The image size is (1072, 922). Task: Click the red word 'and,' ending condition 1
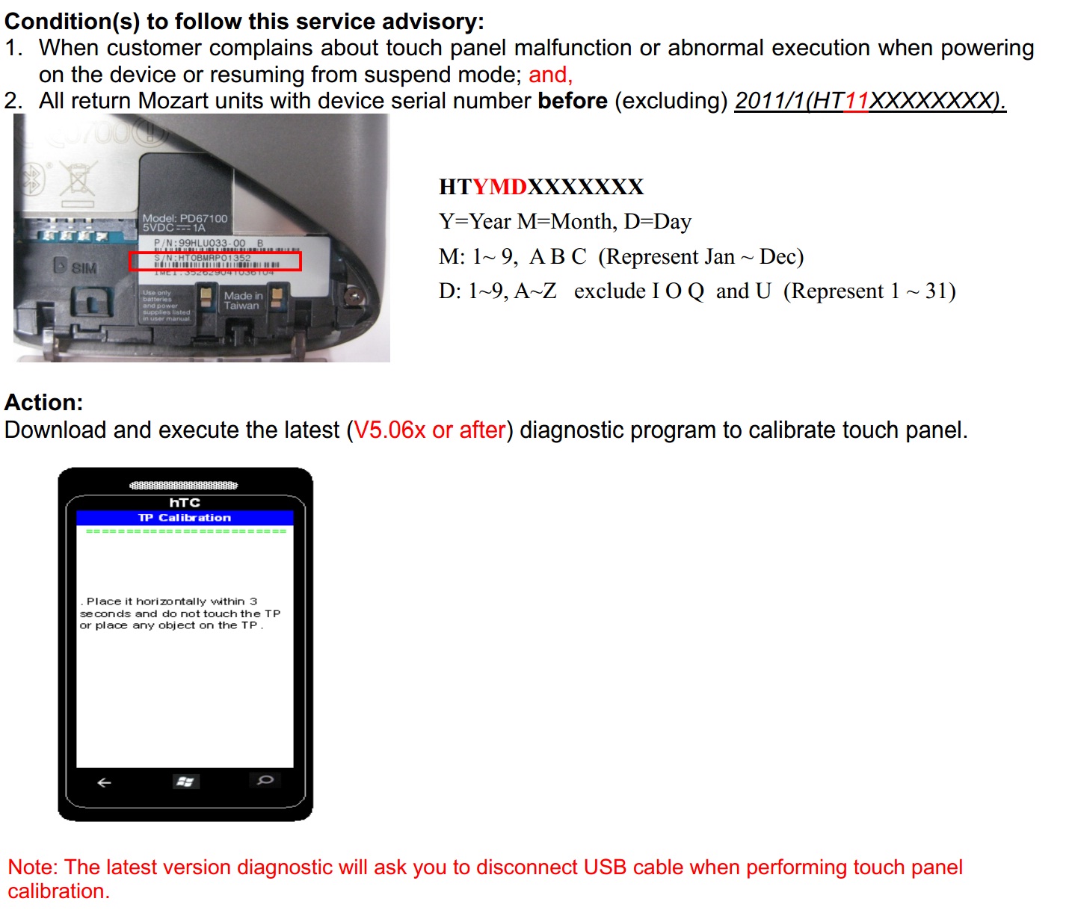coord(550,75)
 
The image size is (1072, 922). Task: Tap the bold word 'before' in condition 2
coord(572,101)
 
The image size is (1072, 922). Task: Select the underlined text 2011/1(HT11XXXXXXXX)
coord(869,101)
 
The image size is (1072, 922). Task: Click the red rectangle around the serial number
coord(215,261)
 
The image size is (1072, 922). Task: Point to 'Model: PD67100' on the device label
coord(185,218)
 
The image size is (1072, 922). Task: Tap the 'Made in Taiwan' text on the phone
coord(242,300)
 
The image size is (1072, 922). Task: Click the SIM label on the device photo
coord(84,267)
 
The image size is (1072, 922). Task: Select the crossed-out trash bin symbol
coord(78,180)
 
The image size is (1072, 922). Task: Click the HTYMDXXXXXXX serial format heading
coord(540,187)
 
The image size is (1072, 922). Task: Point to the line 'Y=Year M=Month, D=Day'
coord(564,222)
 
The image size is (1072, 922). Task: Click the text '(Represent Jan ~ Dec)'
coord(700,257)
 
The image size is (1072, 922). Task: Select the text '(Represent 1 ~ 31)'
coord(869,291)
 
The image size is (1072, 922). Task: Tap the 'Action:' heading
coord(44,403)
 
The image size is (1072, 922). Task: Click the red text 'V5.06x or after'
coord(430,430)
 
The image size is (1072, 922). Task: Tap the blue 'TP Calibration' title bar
coord(185,518)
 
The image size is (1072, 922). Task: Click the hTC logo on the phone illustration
coord(185,503)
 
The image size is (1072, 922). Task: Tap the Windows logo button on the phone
coord(184,782)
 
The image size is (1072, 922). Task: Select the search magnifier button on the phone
coord(265,781)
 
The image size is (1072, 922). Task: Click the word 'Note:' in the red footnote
coord(33,867)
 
